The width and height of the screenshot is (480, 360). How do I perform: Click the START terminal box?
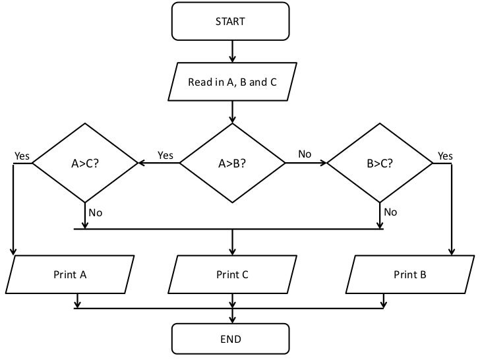pyautogui.click(x=230, y=21)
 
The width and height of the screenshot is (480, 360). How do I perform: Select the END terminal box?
pyautogui.click(x=230, y=340)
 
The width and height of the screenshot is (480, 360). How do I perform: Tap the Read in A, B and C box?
pyautogui.click(x=232, y=82)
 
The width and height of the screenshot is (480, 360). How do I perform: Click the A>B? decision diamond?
pyautogui.click(x=232, y=163)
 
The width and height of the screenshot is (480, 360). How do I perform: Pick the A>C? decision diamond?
pyautogui.click(x=85, y=163)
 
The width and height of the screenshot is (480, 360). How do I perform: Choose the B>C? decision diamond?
pyautogui.click(x=380, y=163)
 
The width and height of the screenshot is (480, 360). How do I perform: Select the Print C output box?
pyautogui.click(x=232, y=274)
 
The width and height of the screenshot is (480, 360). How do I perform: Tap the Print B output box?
pyautogui.click(x=410, y=274)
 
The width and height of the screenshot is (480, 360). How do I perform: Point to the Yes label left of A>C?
pyautogui.click(x=22, y=156)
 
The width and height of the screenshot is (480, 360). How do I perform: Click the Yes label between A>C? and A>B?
pyautogui.click(x=165, y=156)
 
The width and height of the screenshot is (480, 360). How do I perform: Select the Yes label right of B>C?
pyautogui.click(x=445, y=156)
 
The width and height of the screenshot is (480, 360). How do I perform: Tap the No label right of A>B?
pyautogui.click(x=305, y=154)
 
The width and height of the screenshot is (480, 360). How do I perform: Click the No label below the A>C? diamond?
pyautogui.click(x=96, y=212)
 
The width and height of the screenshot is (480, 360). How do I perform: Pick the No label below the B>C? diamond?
pyautogui.click(x=390, y=212)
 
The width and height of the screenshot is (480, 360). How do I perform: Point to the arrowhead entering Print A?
pyautogui.click(x=13, y=252)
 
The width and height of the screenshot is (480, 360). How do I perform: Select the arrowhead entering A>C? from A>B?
pyautogui.click(x=141, y=163)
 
